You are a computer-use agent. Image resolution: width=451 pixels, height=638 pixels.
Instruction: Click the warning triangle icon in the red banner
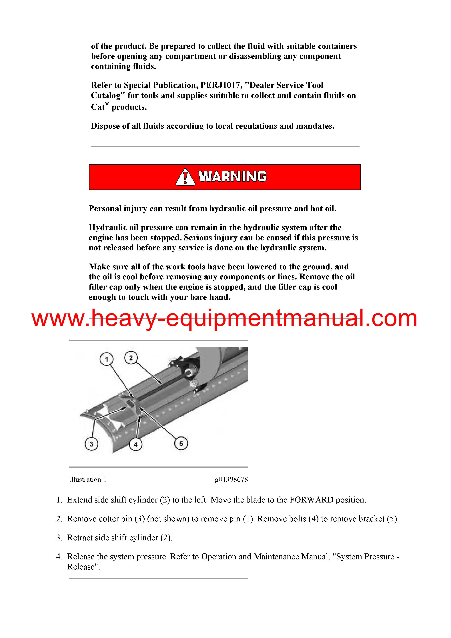coord(185,177)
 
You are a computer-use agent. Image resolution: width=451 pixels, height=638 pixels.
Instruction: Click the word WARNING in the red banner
coord(232,177)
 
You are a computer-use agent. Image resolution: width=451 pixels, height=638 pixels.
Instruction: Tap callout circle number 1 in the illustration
coord(106,359)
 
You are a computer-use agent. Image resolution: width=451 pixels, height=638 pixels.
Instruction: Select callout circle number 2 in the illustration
coord(131,358)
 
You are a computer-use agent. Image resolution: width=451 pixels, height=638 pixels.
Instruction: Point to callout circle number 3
coord(91,444)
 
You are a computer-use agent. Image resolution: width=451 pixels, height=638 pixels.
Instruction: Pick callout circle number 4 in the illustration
coord(136,444)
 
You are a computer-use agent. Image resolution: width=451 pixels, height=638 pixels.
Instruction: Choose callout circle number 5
coord(181,443)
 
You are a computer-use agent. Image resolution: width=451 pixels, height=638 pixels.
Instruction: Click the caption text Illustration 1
coord(87,479)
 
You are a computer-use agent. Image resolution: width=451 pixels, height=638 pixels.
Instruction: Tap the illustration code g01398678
coord(231,479)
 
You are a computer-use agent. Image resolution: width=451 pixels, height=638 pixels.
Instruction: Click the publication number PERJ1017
coord(220,85)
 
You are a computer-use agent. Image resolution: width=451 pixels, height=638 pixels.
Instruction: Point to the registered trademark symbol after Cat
coord(107,104)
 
